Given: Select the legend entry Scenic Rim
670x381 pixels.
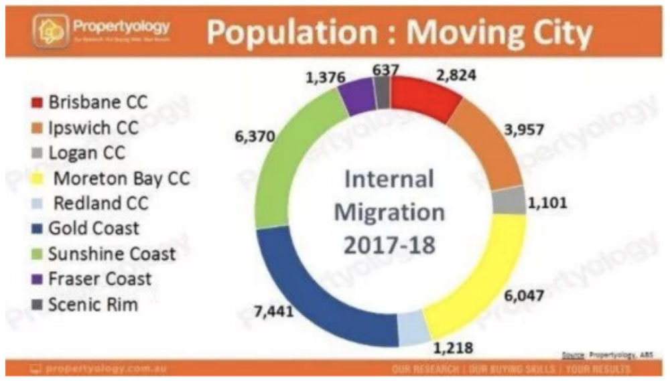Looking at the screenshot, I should point(93,305).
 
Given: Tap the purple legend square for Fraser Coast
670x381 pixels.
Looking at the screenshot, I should point(38,279).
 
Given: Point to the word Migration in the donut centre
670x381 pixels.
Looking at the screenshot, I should point(389,213).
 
